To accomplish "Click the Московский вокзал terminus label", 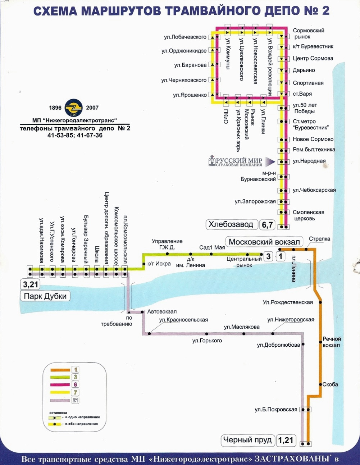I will click(264, 242).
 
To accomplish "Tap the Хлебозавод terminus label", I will click(231, 224).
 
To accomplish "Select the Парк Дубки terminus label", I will click(45, 296).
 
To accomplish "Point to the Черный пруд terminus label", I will click(247, 439).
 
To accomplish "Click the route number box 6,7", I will click(267, 225).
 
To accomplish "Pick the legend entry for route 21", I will click(75, 400).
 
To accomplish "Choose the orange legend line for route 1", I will click(60, 370).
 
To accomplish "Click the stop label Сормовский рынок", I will click(308, 33).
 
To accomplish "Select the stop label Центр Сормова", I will click(313, 58).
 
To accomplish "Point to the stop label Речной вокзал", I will click(331, 342).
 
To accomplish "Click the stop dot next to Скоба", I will click(320, 384).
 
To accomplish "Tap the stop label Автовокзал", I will click(162, 311).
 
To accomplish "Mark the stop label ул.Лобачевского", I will click(185, 37).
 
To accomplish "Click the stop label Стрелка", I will click(319, 239).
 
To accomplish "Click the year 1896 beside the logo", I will click(55, 108).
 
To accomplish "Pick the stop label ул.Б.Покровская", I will click(276, 409).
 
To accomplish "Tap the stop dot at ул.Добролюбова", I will click(303, 344).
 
